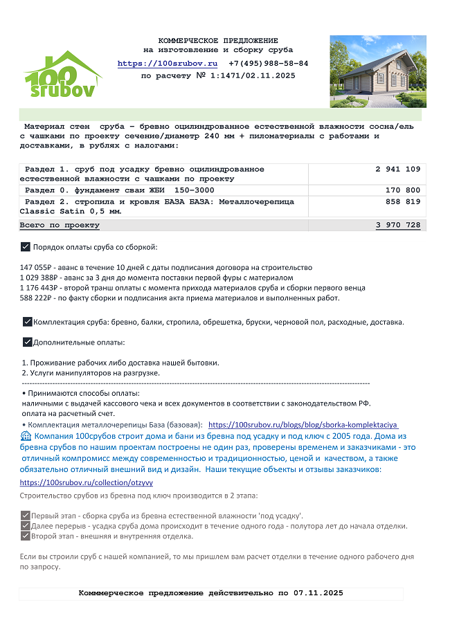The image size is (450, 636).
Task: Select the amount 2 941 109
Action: [x=398, y=170]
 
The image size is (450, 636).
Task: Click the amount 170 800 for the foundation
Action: [x=403, y=190]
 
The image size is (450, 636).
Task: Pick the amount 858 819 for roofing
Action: [x=403, y=202]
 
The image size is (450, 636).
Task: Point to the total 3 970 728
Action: [x=398, y=226]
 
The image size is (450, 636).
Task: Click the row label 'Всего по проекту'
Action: [x=60, y=226]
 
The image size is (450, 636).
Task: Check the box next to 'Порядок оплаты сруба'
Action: [x=26, y=247]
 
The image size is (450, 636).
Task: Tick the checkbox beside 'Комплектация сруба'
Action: [x=27, y=322]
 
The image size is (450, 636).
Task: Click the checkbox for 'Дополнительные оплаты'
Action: [x=27, y=342]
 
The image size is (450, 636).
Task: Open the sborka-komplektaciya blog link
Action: [x=303, y=425]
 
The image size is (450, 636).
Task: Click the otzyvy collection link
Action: [x=87, y=482]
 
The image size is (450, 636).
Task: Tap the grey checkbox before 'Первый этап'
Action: [x=26, y=516]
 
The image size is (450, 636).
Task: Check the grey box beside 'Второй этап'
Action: [x=26, y=536]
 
